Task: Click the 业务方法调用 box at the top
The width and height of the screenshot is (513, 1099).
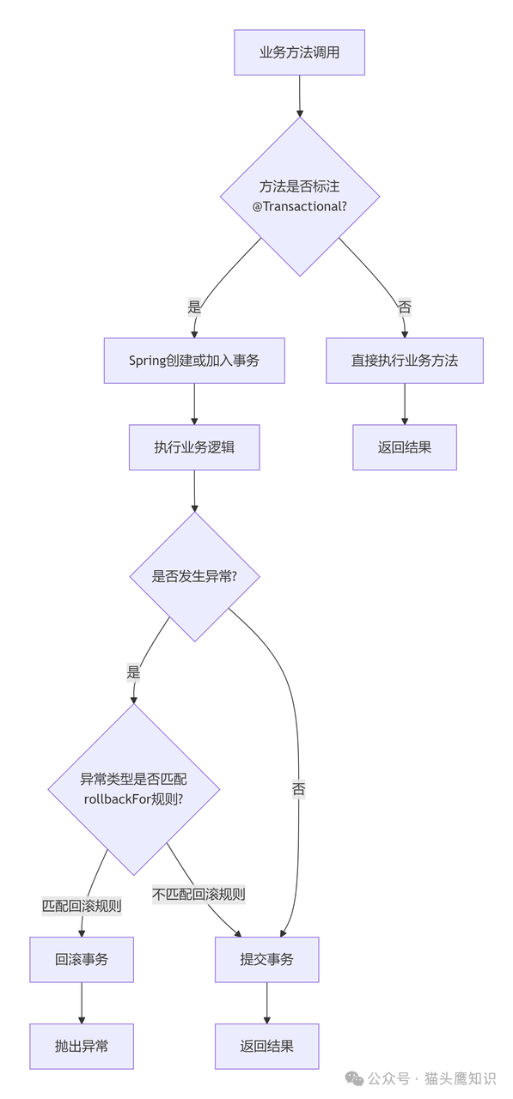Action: (299, 52)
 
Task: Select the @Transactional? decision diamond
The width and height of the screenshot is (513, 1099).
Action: (299, 197)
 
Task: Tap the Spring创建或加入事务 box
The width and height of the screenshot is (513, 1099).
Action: (194, 361)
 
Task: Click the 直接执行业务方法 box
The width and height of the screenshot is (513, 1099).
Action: (404, 361)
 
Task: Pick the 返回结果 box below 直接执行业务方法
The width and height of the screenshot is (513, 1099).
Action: (404, 447)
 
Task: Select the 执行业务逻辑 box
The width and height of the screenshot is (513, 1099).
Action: (194, 447)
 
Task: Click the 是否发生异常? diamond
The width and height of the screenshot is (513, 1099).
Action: (194, 576)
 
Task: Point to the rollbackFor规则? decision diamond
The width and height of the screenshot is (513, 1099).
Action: (133, 789)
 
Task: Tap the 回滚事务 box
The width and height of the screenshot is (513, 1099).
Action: (82, 959)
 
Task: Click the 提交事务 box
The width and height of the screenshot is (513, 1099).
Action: (266, 959)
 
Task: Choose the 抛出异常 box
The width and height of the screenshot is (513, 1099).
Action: (82, 1046)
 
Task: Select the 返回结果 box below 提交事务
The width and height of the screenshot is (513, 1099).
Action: (266, 1046)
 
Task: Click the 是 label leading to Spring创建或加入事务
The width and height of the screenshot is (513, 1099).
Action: (194, 306)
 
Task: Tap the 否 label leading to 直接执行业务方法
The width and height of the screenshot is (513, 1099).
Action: (404, 306)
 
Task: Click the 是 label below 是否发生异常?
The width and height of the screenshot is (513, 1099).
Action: (133, 672)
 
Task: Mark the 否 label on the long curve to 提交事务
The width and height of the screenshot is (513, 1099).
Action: (298, 789)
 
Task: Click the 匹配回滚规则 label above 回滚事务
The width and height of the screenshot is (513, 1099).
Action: (82, 905)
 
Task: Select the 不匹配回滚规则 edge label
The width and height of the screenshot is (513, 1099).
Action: (198, 894)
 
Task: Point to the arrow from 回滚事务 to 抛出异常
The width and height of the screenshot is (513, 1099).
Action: (82, 1003)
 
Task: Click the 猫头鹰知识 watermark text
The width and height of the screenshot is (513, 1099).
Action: (460, 1078)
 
